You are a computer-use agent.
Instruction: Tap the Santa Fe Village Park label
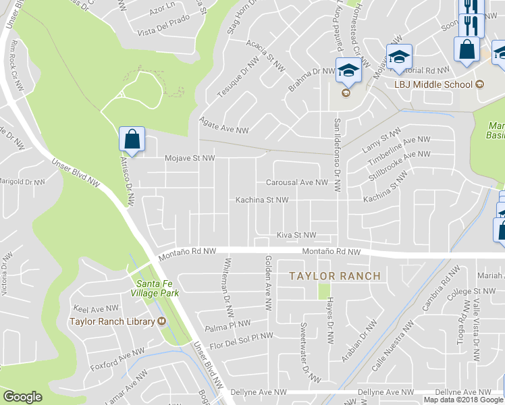[x=157, y=288]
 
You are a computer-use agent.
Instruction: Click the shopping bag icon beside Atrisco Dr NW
[x=132, y=140]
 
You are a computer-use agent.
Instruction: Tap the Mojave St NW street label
[x=190, y=158]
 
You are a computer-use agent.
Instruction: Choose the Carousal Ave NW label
[x=296, y=182]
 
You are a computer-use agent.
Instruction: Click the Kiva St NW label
[x=296, y=235]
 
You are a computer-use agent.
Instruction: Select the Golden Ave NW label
[x=268, y=283]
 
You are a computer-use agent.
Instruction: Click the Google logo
[x=23, y=397]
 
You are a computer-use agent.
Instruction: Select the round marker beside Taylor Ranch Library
[x=162, y=321]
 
